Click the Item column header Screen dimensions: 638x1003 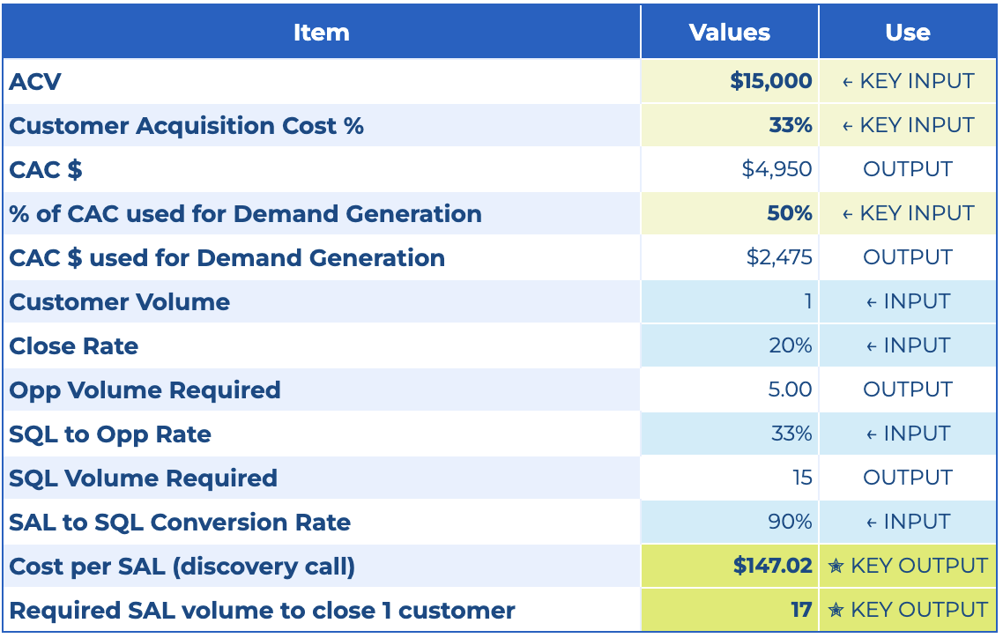(321, 33)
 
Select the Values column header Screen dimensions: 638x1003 (729, 33)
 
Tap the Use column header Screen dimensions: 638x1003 (908, 33)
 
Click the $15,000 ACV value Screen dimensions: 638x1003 (770, 81)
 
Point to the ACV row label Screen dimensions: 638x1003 (35, 82)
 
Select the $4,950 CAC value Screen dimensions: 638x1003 (776, 169)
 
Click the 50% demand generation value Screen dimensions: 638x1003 (790, 213)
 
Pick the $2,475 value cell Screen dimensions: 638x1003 (778, 257)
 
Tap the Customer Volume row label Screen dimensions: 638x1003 (119, 302)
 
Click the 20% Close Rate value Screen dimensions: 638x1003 (790, 345)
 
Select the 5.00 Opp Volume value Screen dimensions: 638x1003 (790, 389)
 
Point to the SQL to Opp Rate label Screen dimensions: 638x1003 (110, 434)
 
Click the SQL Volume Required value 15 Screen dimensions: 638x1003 (802, 478)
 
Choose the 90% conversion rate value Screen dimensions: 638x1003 (790, 522)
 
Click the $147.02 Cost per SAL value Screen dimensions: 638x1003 (772, 566)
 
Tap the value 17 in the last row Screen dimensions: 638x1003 (801, 610)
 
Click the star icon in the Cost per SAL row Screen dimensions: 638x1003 (836, 567)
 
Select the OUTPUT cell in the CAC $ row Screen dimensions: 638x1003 (908, 169)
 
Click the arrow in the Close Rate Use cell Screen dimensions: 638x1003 (871, 346)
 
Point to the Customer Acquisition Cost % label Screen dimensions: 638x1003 (186, 126)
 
